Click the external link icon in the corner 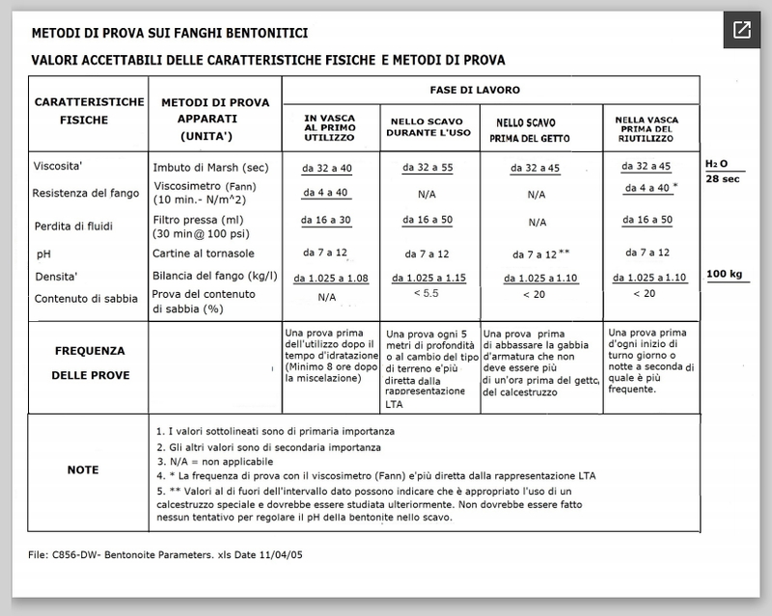pyautogui.click(x=741, y=29)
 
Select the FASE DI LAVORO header pyautogui.click(x=489, y=89)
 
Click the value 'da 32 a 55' pyautogui.click(x=427, y=167)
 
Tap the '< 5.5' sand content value pyautogui.click(x=426, y=292)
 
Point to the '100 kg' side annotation pyautogui.click(x=726, y=275)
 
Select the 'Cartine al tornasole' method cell pyautogui.click(x=203, y=254)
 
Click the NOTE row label pyautogui.click(x=83, y=469)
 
